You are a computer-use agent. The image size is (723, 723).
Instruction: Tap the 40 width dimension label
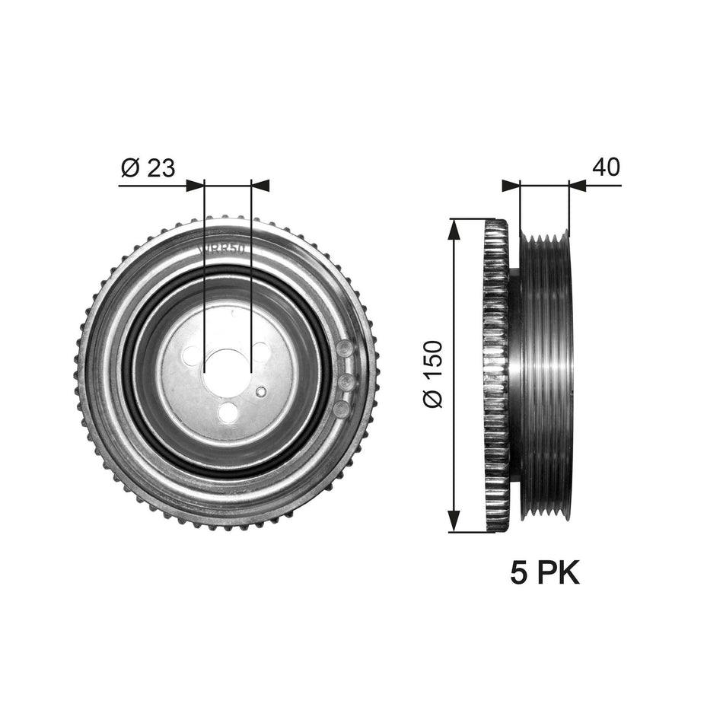606,167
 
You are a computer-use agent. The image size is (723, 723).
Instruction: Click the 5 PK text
544,572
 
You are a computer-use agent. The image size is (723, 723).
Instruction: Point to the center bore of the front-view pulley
228,371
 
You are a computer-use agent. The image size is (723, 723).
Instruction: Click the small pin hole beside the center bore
261,392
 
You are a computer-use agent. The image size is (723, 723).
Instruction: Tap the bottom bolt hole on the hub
226,412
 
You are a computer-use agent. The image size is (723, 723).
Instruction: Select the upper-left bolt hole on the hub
192,355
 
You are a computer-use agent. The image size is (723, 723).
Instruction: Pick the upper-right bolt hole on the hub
260,352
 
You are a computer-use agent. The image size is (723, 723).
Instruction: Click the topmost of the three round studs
345,349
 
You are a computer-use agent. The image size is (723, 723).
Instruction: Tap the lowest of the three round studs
342,409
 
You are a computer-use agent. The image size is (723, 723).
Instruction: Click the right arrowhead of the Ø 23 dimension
260,184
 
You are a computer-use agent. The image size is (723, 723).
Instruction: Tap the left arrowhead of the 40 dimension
510,184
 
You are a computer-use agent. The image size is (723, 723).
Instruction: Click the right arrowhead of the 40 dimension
578,184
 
